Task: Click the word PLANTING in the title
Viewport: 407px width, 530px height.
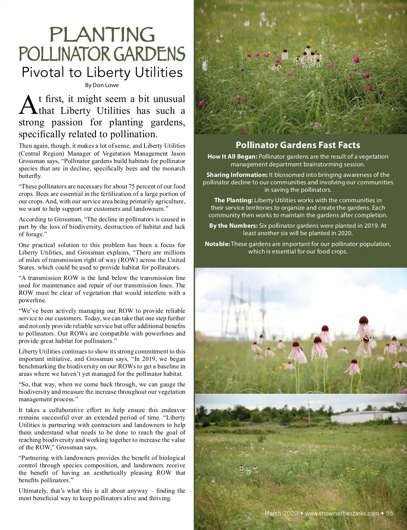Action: click(102, 35)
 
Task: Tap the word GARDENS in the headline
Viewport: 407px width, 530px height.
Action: click(149, 55)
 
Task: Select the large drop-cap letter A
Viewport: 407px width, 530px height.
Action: click(28, 105)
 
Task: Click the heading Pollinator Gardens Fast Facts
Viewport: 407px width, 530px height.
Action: click(298, 145)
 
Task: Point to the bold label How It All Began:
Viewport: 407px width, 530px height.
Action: click(232, 157)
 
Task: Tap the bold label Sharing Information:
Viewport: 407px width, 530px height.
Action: click(237, 175)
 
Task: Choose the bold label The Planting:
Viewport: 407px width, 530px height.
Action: click(233, 200)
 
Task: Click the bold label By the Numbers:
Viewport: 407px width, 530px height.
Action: click(233, 226)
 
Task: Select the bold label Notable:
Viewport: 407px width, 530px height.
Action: click(217, 244)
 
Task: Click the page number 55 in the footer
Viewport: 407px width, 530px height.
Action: click(390, 513)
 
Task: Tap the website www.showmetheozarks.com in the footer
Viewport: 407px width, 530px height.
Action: click(342, 513)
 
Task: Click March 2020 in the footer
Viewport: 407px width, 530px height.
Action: click(281, 513)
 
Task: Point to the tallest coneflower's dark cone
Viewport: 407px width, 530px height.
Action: click(364, 320)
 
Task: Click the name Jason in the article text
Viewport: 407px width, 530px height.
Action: click(178, 154)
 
